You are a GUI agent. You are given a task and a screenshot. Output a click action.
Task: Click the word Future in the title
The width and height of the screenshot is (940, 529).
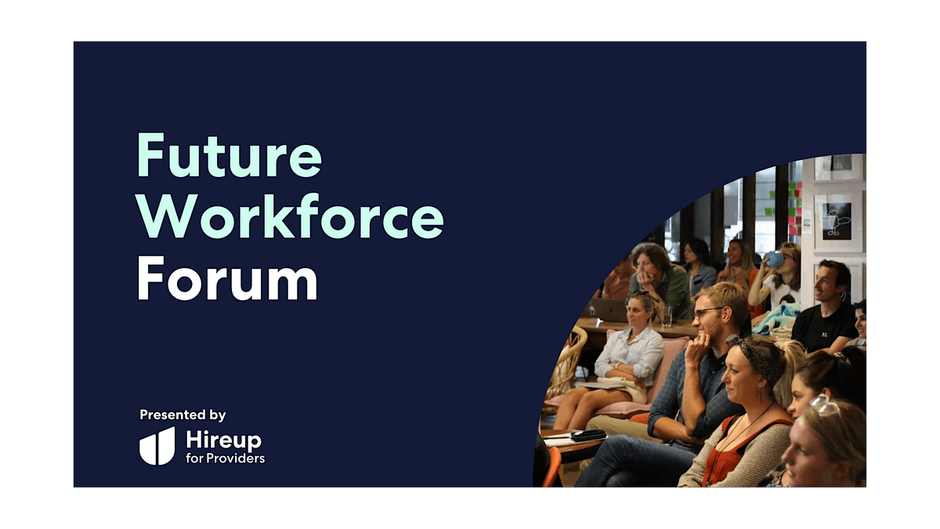(x=229, y=155)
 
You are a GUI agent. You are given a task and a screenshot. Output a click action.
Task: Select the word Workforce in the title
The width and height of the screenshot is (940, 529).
(x=291, y=216)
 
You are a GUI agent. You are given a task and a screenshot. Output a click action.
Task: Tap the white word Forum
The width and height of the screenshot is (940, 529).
(x=227, y=278)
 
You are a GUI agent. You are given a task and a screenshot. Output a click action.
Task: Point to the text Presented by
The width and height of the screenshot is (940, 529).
(x=183, y=415)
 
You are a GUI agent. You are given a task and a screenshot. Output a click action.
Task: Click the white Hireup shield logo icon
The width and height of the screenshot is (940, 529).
(x=157, y=446)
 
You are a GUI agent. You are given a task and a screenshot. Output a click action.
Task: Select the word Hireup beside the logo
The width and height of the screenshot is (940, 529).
(x=224, y=440)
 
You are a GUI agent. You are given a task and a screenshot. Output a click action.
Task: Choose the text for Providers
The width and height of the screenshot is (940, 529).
(x=225, y=458)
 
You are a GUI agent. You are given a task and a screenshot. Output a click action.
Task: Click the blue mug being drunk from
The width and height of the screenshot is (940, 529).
(x=775, y=259)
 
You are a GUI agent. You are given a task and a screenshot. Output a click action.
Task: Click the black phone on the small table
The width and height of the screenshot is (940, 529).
(x=588, y=434)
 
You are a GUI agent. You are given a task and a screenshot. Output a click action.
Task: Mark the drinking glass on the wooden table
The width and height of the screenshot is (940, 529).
(x=667, y=316)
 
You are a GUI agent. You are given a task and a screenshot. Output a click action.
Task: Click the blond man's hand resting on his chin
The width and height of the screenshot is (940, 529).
(x=697, y=346)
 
